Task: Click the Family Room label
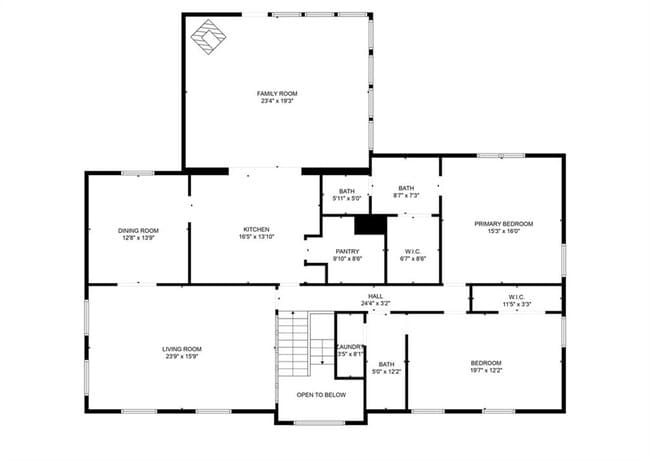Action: (x=278, y=93)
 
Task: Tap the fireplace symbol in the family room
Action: (x=210, y=37)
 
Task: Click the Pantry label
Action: (x=346, y=251)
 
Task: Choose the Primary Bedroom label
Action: (x=503, y=223)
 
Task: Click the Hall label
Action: (x=375, y=296)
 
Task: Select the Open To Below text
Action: (x=321, y=395)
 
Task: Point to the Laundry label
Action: (x=349, y=346)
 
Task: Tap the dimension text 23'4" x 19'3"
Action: (x=278, y=101)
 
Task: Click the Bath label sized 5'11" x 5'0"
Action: (x=346, y=191)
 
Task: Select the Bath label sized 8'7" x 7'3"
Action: (x=406, y=188)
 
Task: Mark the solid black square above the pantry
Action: (x=370, y=225)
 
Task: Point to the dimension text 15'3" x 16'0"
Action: (x=503, y=231)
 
